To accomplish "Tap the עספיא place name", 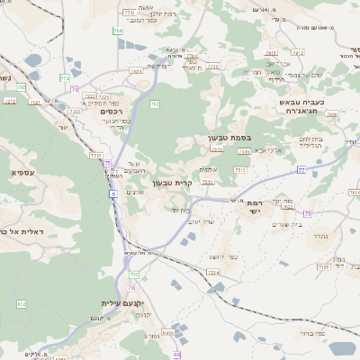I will pos(22,172).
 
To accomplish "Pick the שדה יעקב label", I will pos(209,221).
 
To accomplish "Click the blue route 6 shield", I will pos(114,193).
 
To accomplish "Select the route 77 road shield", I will pos(301,169).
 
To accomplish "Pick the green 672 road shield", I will pos(21,304).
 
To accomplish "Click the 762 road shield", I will pos(155,103).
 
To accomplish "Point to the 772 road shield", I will pos(65,77).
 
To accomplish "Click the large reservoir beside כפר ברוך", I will pos(342,348).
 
